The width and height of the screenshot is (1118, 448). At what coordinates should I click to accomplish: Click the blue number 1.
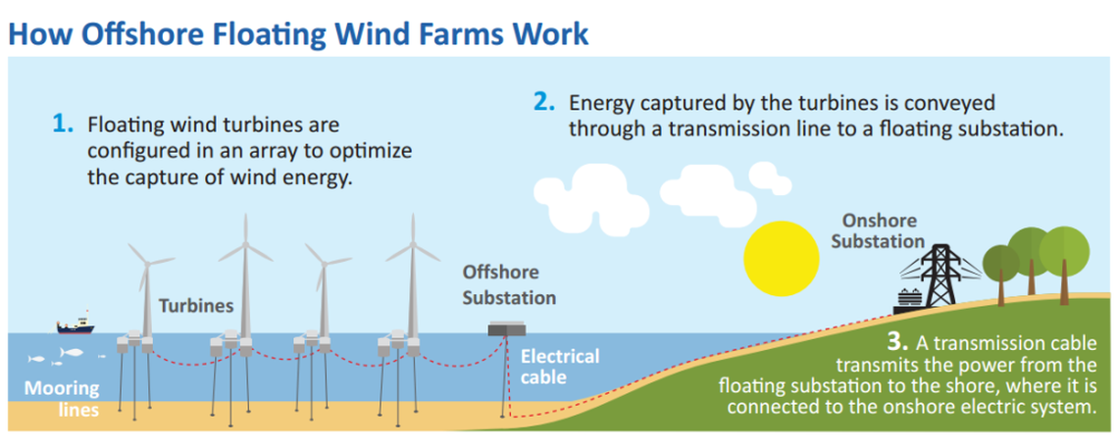coord(63,124)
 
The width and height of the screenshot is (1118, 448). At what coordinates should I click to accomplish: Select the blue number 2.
coord(543,101)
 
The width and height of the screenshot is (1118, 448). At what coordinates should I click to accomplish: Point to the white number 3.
coord(894,344)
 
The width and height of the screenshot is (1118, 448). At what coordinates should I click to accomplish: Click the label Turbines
coord(196,306)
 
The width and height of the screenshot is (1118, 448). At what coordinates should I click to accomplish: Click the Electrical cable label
coord(558,366)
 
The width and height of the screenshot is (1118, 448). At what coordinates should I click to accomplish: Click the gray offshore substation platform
coord(509,330)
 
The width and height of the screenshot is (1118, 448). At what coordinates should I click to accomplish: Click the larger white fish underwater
coord(72,352)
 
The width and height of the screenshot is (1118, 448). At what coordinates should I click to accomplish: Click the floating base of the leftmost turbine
coord(134,342)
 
